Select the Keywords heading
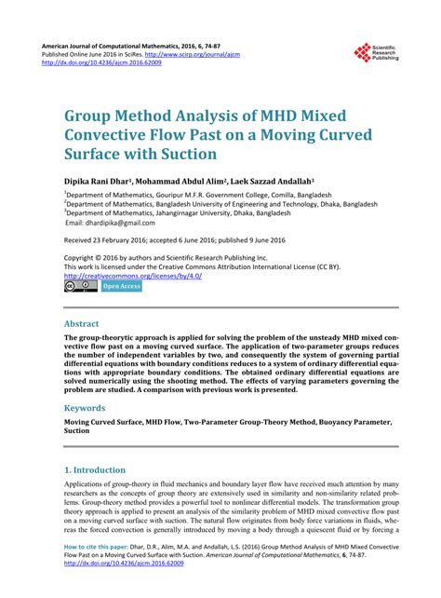click(x=90, y=408)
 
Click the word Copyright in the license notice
click(x=83, y=258)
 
